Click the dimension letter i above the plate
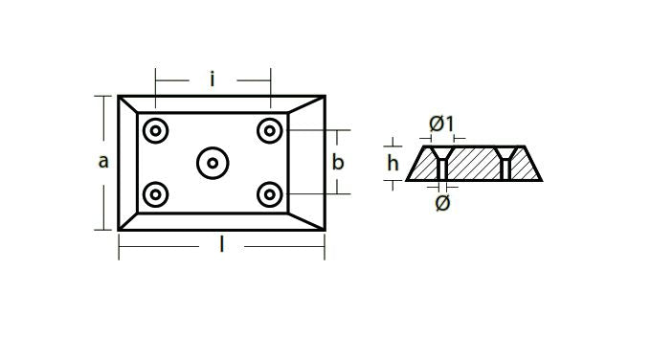213,79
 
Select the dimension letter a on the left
103,161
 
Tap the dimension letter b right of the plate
338,162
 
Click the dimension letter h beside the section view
393,163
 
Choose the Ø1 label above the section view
441,124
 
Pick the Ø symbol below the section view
442,203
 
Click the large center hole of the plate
213,163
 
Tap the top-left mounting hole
156,131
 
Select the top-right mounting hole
270,131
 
